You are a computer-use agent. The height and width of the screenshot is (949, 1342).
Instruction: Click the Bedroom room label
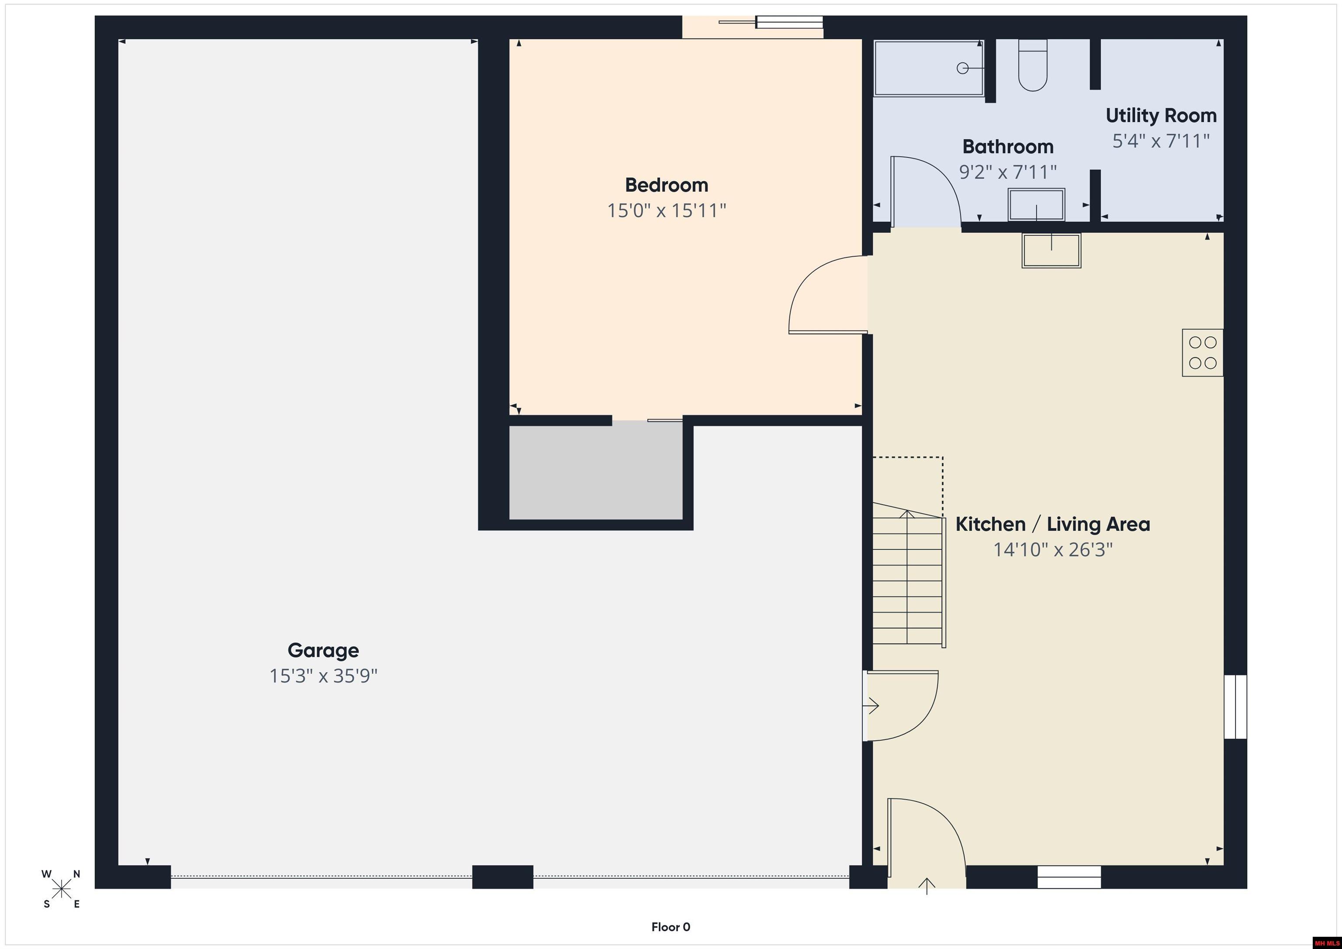(666, 185)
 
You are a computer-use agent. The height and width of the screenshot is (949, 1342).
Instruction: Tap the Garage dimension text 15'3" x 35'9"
(323, 676)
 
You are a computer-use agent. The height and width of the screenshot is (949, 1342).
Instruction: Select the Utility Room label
(1161, 116)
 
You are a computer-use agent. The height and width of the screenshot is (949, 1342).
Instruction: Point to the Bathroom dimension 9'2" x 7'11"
(1008, 172)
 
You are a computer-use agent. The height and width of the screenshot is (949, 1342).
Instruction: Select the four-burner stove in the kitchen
(1202, 352)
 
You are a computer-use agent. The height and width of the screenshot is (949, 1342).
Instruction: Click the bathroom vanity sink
(1036, 204)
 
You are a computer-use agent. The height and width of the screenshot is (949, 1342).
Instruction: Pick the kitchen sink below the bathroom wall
(1051, 251)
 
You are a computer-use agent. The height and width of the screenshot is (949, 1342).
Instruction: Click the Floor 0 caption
(671, 927)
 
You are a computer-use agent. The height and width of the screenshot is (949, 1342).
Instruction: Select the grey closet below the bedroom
(595, 472)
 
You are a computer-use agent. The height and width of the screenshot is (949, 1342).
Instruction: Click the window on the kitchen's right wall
(1235, 707)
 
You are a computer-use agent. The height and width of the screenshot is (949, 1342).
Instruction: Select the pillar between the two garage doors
(503, 877)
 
